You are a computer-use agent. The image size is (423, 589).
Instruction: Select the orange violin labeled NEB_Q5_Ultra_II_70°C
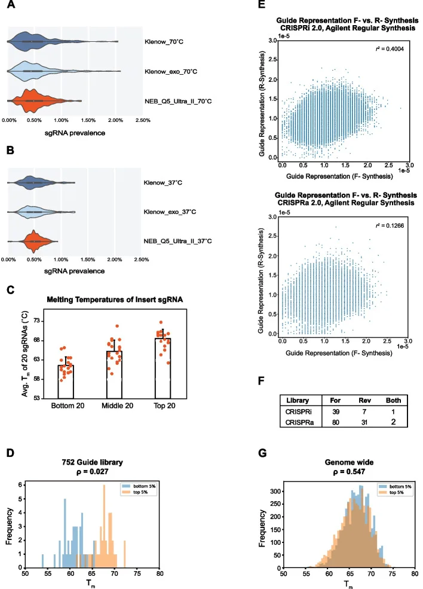pyautogui.click(x=36, y=100)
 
